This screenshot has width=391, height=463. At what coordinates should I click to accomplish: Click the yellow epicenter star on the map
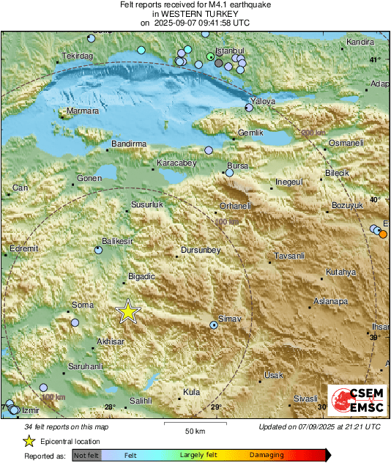128,312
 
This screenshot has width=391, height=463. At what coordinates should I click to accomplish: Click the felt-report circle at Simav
214,324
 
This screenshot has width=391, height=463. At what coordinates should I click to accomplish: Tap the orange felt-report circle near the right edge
383,234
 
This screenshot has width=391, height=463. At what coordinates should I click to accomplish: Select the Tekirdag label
77,56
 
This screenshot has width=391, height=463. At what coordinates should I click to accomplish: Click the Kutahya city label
340,272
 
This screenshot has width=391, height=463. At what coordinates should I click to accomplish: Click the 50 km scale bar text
193,431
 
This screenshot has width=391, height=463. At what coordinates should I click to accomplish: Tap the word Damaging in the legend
267,455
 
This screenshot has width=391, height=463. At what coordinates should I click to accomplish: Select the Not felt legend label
86,455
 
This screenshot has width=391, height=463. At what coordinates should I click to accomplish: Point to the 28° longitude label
109,407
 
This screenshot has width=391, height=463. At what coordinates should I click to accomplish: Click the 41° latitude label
375,59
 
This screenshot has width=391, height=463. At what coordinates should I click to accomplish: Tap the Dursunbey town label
201,251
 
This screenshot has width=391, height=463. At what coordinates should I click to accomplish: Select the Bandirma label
130,144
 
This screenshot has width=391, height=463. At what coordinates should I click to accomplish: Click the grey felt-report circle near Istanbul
219,63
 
